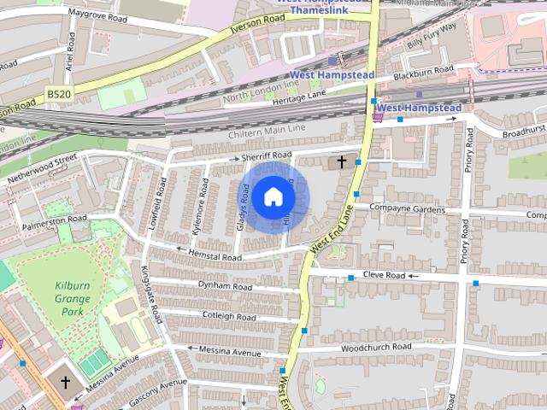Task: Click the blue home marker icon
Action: point(273,197)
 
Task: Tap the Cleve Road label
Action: point(383,276)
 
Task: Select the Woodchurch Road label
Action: point(376,348)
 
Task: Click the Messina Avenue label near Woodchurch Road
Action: point(229,350)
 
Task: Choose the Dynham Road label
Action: point(225,286)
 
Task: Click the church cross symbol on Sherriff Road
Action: point(342,161)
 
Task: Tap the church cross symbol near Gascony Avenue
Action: point(64,383)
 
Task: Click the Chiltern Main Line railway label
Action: point(267,132)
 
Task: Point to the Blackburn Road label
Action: point(423,70)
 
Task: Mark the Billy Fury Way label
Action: point(432,37)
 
